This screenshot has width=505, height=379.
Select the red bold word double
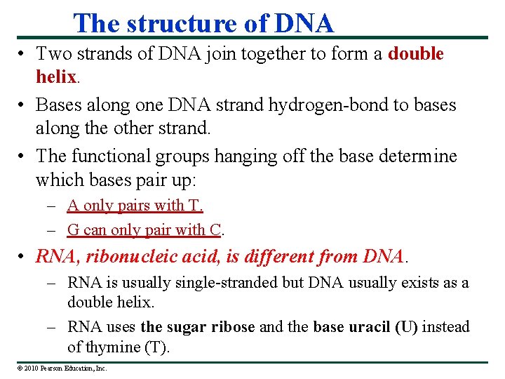click(416, 54)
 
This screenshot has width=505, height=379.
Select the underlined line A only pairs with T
click(135, 206)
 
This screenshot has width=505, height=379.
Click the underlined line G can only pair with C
click(146, 230)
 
